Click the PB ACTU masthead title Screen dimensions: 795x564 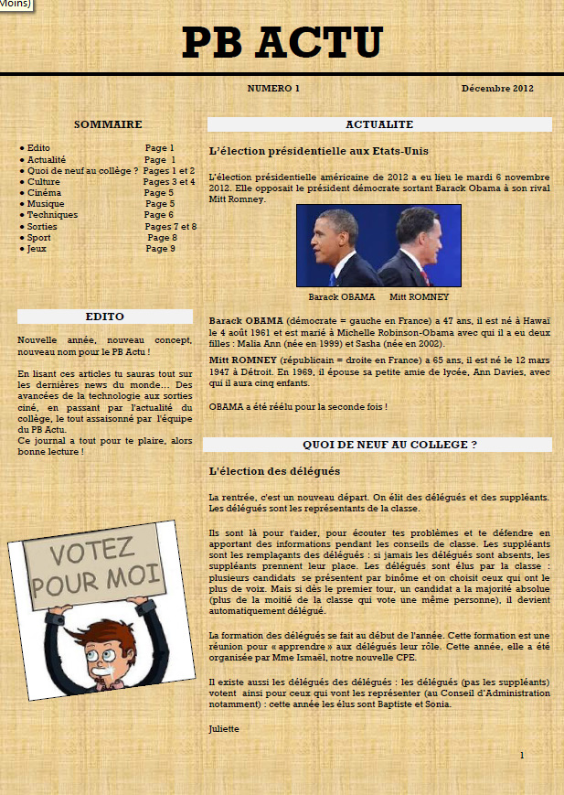pyautogui.click(x=282, y=42)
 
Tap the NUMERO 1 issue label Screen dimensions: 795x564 pyautogui.click(x=273, y=89)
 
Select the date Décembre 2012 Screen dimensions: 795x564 pyautogui.click(x=497, y=89)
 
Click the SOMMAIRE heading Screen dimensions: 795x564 pyautogui.click(x=108, y=124)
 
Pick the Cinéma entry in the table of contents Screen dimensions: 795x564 pyautogui.click(x=44, y=193)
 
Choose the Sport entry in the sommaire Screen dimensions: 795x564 pyautogui.click(x=39, y=238)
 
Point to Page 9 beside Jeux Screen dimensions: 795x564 pyautogui.click(x=160, y=249)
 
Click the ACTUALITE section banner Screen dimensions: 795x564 pyautogui.click(x=379, y=124)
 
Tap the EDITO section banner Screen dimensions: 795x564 pyautogui.click(x=105, y=317)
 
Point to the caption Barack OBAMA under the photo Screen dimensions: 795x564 pyautogui.click(x=342, y=297)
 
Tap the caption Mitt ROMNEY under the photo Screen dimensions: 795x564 pyautogui.click(x=420, y=297)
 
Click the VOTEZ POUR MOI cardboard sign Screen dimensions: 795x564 pyautogui.click(x=94, y=568)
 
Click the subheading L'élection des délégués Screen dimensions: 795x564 pyautogui.click(x=274, y=471)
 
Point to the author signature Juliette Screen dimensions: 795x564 pyautogui.click(x=224, y=729)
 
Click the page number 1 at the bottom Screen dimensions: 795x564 pyautogui.click(x=522, y=755)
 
